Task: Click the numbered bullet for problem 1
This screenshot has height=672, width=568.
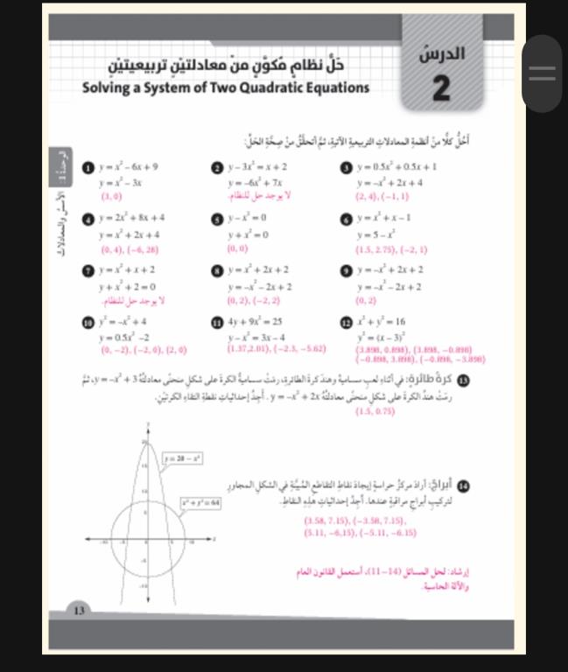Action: coord(86,165)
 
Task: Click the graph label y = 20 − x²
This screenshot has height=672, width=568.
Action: coord(183,457)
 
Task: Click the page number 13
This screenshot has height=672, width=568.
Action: coord(78,633)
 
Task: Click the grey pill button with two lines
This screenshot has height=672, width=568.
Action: coord(542,74)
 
